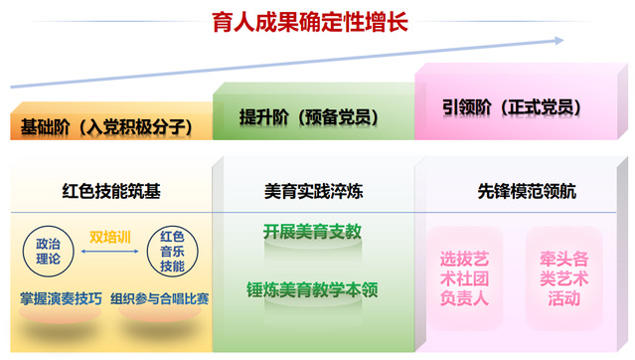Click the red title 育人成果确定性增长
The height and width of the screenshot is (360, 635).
(x=310, y=22)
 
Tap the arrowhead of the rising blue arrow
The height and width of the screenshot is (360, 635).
(x=559, y=41)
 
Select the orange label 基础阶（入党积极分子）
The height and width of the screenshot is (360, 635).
(x=106, y=127)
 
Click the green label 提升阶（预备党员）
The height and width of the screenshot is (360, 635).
(x=309, y=117)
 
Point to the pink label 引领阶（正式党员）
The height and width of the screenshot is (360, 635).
(x=512, y=107)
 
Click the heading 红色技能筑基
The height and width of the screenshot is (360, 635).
(x=111, y=191)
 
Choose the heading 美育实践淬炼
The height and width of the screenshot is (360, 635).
(x=313, y=191)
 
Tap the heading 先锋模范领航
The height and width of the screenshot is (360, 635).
(x=527, y=191)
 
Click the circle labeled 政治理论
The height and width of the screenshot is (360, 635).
(x=48, y=252)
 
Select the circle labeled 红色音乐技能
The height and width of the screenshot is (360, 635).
(x=172, y=252)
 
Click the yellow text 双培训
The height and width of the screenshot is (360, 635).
(x=109, y=237)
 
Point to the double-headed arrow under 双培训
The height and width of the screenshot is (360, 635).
(x=109, y=252)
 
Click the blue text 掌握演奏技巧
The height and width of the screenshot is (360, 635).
(x=61, y=298)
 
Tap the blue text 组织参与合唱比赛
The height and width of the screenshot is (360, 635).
(x=160, y=298)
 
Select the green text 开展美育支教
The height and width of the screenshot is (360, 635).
(x=312, y=232)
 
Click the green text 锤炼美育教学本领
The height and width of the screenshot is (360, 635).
(x=312, y=289)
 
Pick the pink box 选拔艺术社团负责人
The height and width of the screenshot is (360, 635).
(x=464, y=278)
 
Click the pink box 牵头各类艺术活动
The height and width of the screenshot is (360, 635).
(x=563, y=278)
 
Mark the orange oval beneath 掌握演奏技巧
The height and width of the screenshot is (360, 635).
(x=60, y=313)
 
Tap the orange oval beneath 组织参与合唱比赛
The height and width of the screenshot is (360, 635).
(x=160, y=312)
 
